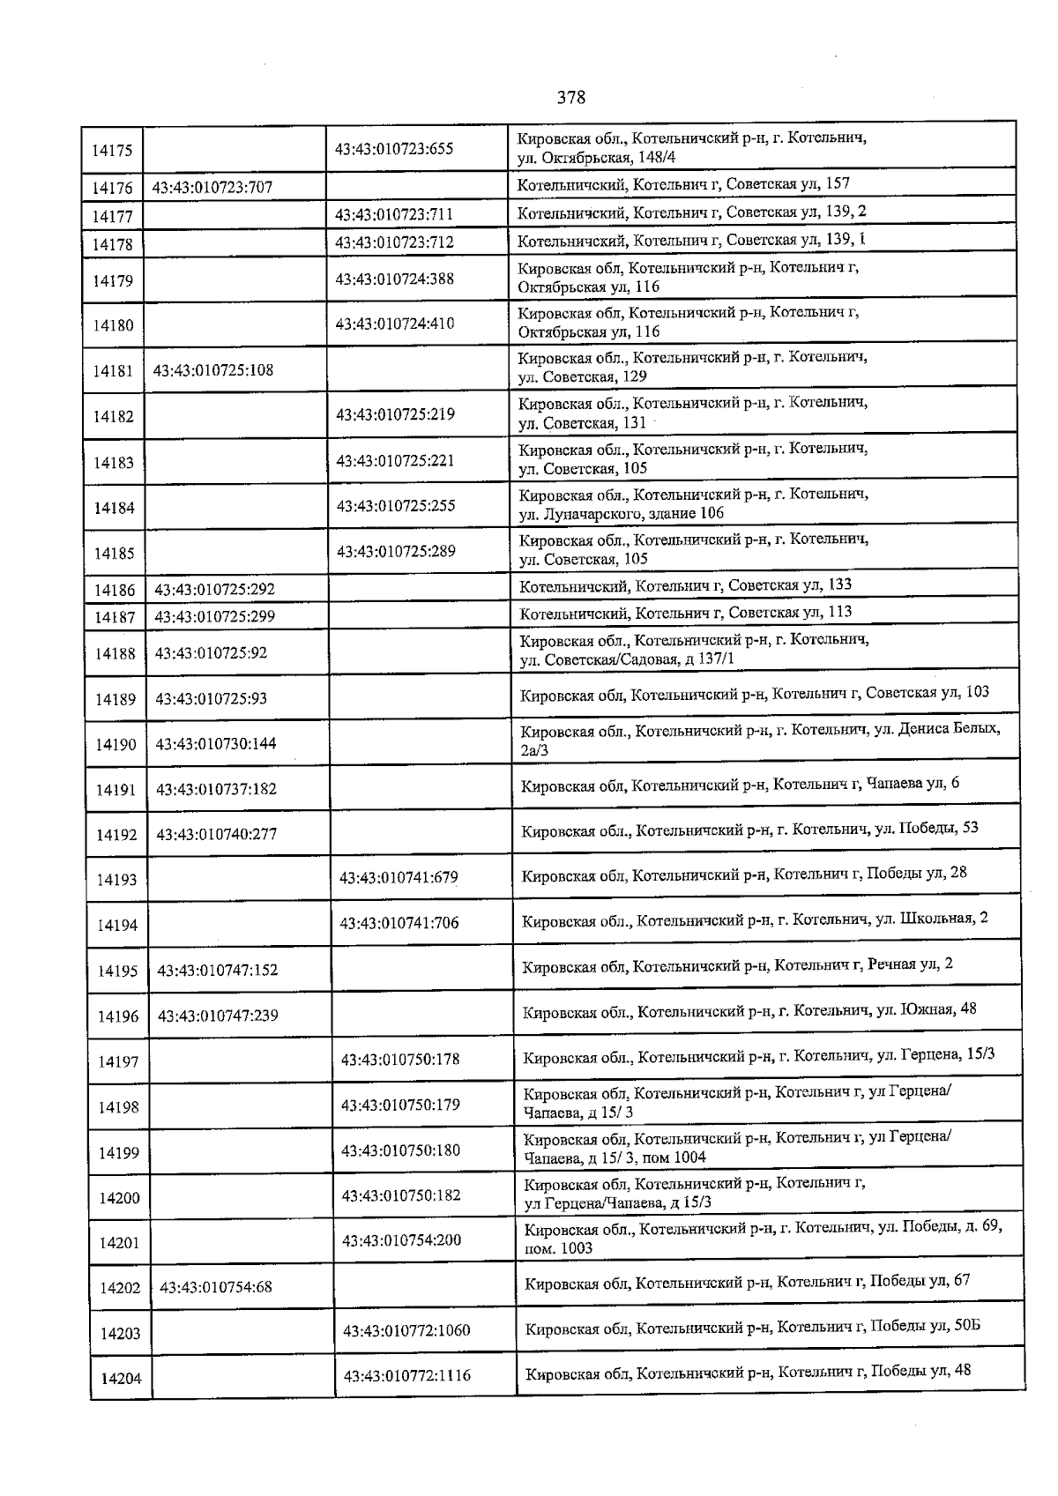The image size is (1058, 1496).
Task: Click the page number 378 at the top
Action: [x=571, y=97]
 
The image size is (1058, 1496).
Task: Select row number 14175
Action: [x=112, y=150]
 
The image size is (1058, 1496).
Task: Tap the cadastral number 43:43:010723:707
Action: [x=212, y=187]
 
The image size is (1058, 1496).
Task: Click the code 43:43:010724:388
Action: [x=395, y=279]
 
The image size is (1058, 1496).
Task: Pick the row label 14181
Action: [x=114, y=371]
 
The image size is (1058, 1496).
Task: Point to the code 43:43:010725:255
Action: [x=396, y=506]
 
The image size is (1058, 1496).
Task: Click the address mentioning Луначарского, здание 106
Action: [x=693, y=503]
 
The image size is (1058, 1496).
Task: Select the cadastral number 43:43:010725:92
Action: [x=211, y=653]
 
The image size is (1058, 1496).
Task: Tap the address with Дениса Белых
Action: [x=760, y=740]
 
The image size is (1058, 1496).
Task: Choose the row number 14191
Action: [x=116, y=790]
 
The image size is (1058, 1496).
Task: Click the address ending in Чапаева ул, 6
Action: [x=740, y=784]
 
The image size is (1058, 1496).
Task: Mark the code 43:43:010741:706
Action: [x=399, y=923]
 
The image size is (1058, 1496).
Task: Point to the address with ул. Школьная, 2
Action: [x=755, y=919]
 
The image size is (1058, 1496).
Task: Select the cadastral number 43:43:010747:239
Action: [x=218, y=1016]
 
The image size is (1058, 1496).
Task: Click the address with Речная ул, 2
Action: [x=737, y=964]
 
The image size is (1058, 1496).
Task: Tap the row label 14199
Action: [x=118, y=1153]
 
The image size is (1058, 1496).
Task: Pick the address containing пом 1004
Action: [x=737, y=1147]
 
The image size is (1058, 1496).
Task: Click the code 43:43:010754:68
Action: [x=216, y=1287]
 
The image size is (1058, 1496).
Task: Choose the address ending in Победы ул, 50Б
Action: [x=753, y=1327]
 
